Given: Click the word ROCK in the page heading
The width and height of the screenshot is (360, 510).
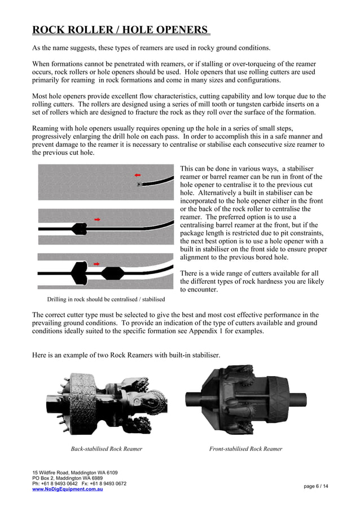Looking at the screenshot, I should coord(47,29).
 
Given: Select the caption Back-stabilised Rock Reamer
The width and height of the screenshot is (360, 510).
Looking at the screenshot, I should coord(106,449).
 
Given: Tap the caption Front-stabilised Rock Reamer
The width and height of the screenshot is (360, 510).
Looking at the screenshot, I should coord(245,449).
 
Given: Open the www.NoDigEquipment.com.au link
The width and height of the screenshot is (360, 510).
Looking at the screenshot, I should coord(67,489).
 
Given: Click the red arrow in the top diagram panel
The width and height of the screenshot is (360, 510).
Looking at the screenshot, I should coord(137,176).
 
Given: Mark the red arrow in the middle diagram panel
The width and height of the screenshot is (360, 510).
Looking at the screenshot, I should coord(97,219).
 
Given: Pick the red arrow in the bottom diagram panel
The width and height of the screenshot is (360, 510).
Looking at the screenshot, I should coord(97,264).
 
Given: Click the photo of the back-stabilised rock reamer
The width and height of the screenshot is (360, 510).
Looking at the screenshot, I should coord(107,397).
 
